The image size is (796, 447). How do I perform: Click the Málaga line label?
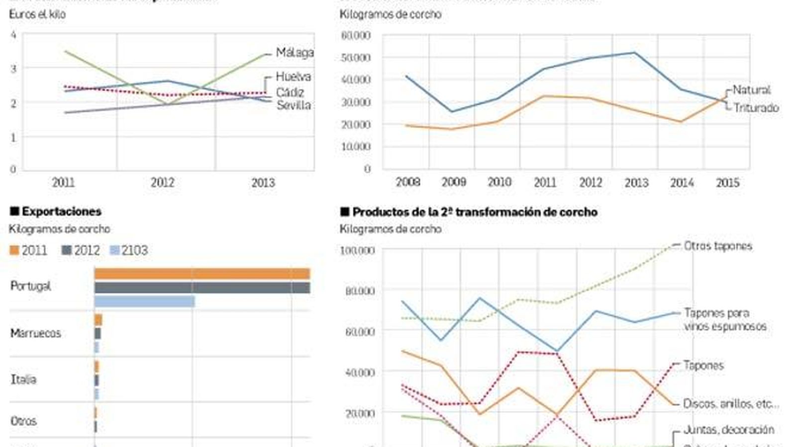click(295, 52)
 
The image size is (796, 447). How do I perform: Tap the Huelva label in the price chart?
click(293, 76)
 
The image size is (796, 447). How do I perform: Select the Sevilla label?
click(294, 105)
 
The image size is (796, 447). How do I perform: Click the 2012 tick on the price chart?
click(163, 182)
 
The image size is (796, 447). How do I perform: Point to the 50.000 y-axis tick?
click(356, 58)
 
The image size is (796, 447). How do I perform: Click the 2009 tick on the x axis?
click(453, 182)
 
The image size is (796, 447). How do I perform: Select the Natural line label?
click(751, 90)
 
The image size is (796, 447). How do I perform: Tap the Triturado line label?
click(756, 108)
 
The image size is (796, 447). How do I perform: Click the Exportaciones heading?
click(61, 212)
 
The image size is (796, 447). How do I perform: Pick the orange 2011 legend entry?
click(28, 250)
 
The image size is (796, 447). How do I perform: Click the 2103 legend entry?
click(129, 250)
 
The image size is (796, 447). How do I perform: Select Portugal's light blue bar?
click(144, 301)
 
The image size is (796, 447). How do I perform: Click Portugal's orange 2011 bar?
click(202, 274)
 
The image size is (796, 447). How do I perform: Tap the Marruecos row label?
click(35, 333)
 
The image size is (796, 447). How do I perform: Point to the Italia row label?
click(23, 379)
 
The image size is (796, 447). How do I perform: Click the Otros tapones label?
click(717, 246)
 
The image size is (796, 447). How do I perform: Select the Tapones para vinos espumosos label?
click(724, 319)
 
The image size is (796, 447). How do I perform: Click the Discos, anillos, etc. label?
click(730, 404)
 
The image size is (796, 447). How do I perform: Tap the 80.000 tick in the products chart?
click(360, 291)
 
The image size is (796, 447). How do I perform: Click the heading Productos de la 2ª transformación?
click(475, 212)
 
